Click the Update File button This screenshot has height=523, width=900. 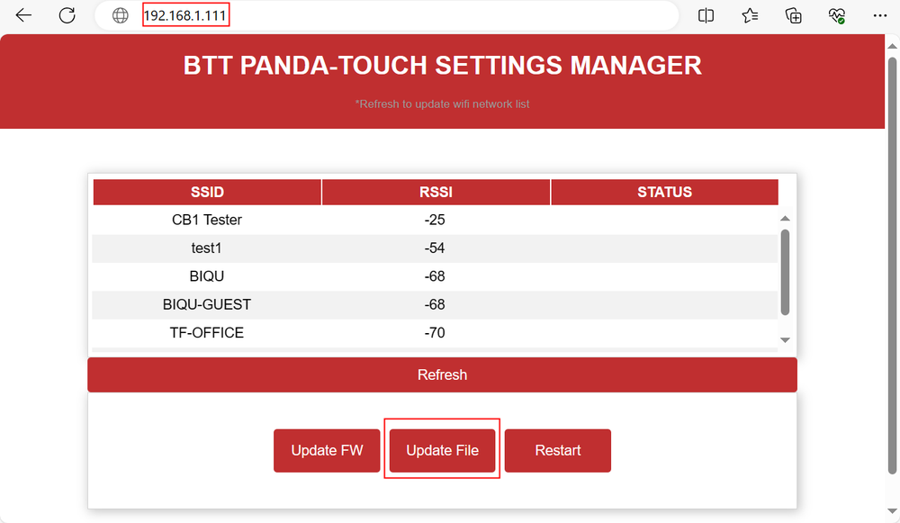point(442,451)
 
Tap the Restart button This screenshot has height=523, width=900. point(557,451)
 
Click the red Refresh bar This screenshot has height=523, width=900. point(442,374)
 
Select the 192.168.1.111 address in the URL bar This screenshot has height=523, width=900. point(184,15)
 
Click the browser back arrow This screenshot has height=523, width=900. point(23,15)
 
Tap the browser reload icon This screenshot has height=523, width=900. point(67,15)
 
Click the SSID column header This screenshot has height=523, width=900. point(207,192)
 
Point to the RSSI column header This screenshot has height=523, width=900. point(436,192)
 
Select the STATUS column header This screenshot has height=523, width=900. point(665,192)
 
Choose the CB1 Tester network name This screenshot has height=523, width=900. point(207,220)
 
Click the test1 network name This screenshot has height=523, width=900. point(206,248)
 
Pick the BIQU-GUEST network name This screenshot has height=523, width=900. point(207,304)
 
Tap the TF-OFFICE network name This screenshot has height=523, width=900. point(207,332)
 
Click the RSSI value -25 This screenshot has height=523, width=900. point(435,220)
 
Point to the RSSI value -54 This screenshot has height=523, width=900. point(435,248)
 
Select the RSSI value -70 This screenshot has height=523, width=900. point(435,332)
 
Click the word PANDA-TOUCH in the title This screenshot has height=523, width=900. point(334,66)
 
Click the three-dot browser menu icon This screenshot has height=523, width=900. point(880,15)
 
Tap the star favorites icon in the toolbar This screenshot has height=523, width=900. point(750,15)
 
